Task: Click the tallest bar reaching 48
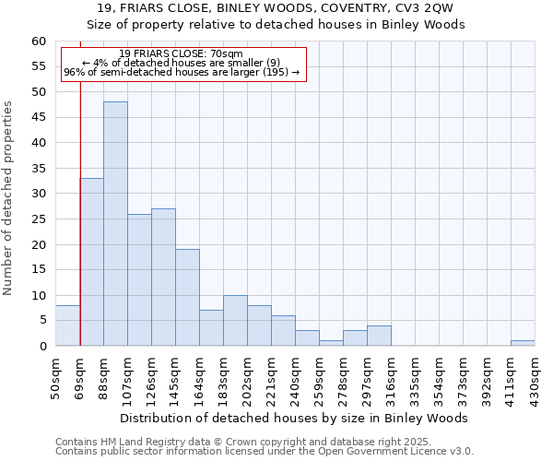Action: [x=115, y=224]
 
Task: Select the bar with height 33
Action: [x=91, y=262]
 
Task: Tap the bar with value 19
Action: [x=187, y=298]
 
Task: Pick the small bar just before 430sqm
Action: [x=523, y=343]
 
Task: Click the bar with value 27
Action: [x=163, y=278]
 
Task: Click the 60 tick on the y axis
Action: [x=38, y=41]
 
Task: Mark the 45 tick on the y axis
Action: [x=38, y=118]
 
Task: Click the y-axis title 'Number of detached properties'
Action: [x=9, y=198]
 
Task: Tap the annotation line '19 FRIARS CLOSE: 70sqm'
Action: [x=182, y=54]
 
